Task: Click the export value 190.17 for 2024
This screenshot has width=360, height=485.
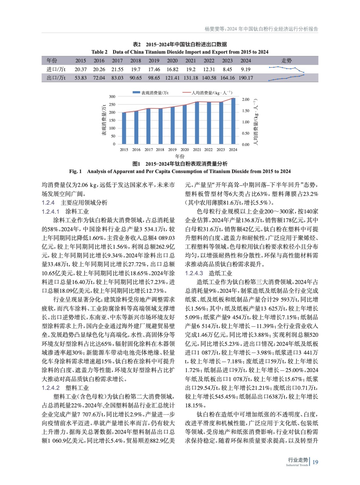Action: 246,78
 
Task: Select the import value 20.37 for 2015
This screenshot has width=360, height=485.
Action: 81,69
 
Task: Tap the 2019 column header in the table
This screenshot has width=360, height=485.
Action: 154,61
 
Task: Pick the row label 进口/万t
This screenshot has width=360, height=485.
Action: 56,69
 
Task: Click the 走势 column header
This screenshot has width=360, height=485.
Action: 286,61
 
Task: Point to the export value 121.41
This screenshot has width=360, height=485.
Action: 172,78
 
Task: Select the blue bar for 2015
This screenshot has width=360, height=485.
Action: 124,128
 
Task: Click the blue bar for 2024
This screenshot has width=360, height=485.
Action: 233,121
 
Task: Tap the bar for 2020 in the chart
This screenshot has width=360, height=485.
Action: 184,124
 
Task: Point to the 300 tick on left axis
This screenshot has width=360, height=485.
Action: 112,97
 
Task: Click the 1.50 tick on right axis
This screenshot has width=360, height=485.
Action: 246,111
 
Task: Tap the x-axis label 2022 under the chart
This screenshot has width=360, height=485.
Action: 208,149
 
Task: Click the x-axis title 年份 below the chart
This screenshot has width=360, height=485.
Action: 180,156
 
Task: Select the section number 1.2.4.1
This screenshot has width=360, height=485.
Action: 51,211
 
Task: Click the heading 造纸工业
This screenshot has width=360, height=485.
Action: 220,273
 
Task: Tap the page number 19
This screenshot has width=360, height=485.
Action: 315,462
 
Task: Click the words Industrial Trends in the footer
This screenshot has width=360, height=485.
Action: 297,465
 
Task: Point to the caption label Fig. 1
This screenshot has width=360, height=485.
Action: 76,171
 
